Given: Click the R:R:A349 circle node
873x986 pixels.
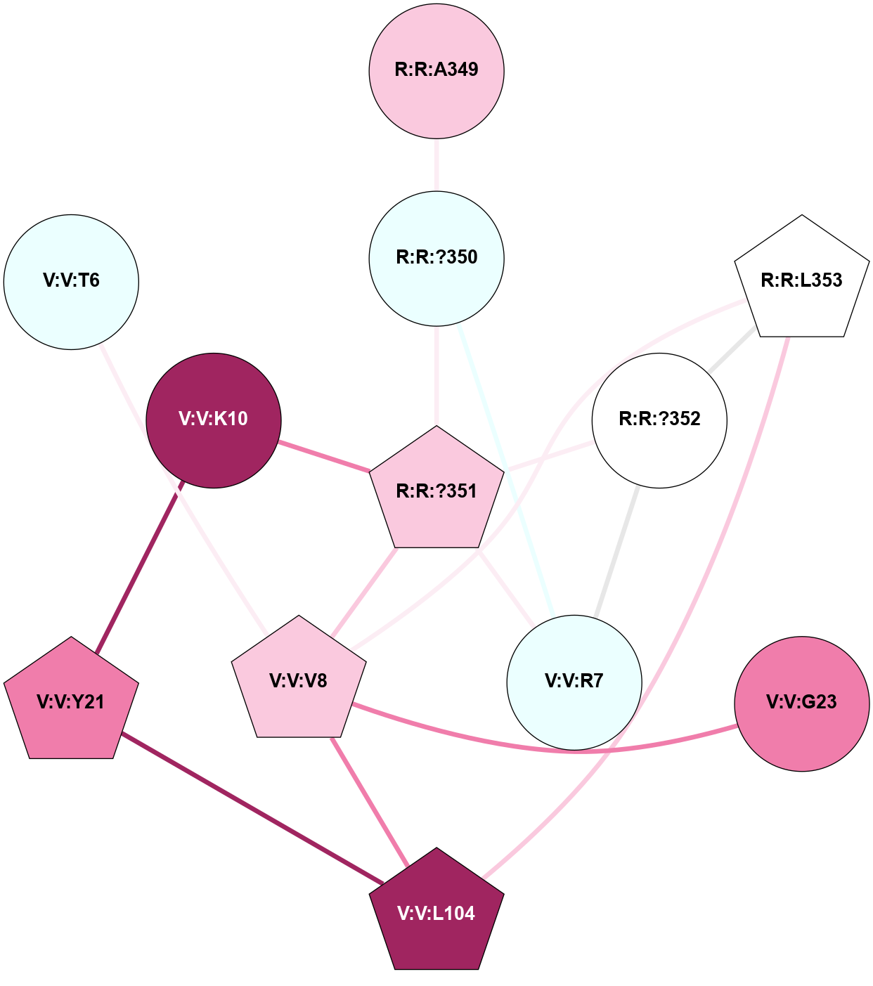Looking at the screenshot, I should tap(436, 70).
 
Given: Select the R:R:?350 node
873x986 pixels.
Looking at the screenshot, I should tap(436, 258).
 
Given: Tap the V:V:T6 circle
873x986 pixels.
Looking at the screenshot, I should tap(71, 281).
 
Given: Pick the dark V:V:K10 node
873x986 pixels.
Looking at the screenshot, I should tap(214, 420).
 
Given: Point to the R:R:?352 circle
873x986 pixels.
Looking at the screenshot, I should tap(659, 420).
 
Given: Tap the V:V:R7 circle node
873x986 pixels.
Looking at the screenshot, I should tap(574, 682).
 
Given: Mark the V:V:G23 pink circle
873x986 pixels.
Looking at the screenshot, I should tap(801, 703).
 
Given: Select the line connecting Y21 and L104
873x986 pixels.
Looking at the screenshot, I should tap(253, 808).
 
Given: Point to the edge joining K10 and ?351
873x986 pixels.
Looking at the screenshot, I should tap(325, 457).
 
